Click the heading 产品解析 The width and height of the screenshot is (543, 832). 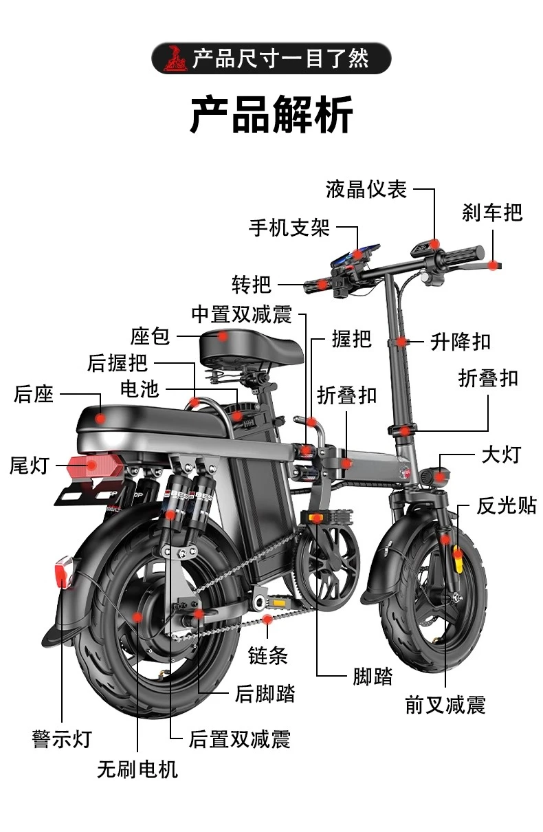click(x=271, y=115)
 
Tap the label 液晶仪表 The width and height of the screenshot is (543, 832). click(x=366, y=189)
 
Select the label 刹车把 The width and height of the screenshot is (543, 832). click(x=492, y=212)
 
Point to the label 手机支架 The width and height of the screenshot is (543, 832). click(x=289, y=228)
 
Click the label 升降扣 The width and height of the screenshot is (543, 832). click(x=461, y=341)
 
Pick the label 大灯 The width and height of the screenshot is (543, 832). click(x=501, y=455)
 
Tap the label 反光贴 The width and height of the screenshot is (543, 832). click(x=507, y=506)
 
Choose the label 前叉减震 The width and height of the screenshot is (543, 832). click(x=445, y=705)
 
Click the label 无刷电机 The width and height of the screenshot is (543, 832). click(x=137, y=769)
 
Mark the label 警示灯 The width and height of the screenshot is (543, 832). click(x=62, y=739)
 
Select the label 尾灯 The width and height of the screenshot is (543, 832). click(x=30, y=466)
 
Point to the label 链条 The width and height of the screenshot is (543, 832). click(x=267, y=656)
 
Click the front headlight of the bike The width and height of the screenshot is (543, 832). click(x=436, y=474)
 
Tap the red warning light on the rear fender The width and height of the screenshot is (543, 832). click(x=63, y=572)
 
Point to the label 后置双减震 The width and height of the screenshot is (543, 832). click(x=239, y=739)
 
